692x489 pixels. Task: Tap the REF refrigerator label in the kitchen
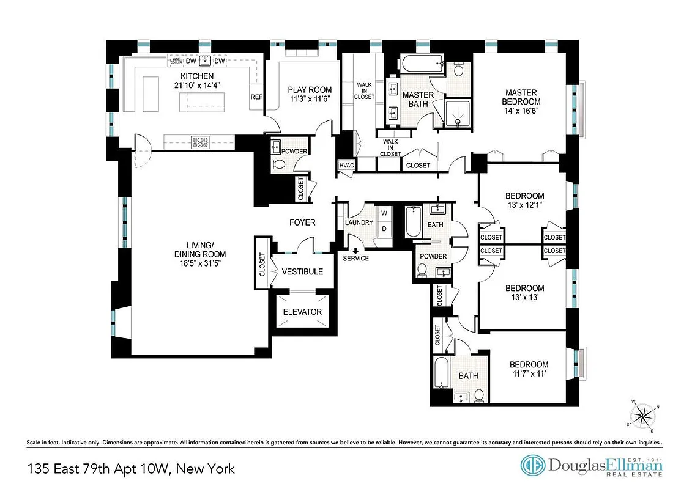pos(256,97)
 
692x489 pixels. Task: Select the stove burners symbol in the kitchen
pos(200,142)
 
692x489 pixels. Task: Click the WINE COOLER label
pos(176,61)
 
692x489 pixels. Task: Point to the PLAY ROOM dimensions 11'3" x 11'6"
pos(310,99)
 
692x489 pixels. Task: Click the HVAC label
pos(346,165)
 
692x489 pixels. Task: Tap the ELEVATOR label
pos(302,312)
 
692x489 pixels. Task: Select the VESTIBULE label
pos(302,271)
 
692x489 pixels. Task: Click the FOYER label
pos(302,222)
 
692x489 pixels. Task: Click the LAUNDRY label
pos(359,222)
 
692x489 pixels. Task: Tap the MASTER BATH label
pos(418,100)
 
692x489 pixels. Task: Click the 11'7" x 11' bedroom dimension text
pos(529,374)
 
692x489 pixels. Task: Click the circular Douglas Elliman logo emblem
pos(532,466)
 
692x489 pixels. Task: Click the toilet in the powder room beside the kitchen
pos(278,164)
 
